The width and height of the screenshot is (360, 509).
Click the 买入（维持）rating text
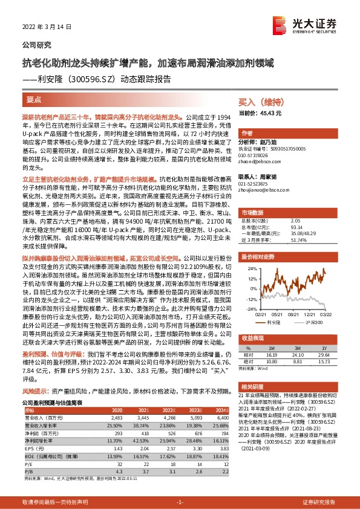click(261, 102)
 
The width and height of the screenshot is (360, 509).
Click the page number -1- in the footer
click(179, 502)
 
